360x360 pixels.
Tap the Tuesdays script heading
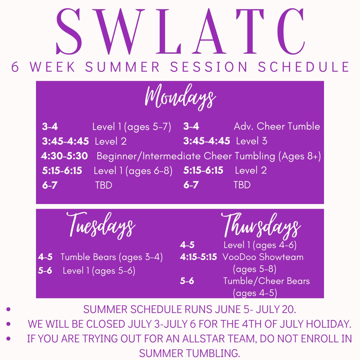(101, 225)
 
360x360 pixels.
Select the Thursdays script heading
(261, 226)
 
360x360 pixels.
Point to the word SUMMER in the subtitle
(122, 67)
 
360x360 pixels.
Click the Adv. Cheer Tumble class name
(277, 126)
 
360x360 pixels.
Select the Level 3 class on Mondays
(252, 141)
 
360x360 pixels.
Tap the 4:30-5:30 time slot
(64, 156)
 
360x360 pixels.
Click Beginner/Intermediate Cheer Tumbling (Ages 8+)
(209, 156)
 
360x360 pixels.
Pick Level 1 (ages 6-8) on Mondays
(133, 171)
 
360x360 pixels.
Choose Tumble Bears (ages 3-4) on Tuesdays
(112, 257)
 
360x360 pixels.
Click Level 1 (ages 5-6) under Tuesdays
(99, 271)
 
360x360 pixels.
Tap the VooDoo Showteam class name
(263, 257)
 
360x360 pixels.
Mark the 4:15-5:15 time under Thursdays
(198, 257)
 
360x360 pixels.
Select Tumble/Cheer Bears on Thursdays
(266, 281)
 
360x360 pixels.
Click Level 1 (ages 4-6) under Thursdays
(260, 245)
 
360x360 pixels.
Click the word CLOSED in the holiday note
(105, 324)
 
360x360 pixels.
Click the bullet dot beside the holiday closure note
(8, 324)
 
